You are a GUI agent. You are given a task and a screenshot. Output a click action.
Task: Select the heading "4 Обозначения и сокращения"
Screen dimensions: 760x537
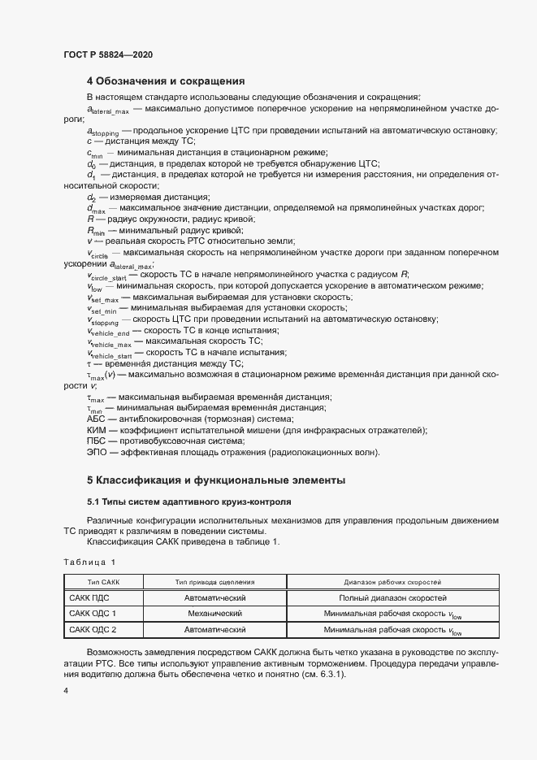166,80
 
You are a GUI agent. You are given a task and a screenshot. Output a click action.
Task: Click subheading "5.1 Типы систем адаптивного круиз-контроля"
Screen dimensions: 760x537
188,502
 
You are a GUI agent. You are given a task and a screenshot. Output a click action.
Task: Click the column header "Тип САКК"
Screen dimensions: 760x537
103,582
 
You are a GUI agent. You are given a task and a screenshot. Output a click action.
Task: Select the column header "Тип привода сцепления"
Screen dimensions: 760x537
215,582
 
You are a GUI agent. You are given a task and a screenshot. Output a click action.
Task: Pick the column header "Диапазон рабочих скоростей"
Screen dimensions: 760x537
392,582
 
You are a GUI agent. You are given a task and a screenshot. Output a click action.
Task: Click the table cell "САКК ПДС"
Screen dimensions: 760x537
89,597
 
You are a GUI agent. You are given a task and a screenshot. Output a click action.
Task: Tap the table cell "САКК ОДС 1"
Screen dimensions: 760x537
93,613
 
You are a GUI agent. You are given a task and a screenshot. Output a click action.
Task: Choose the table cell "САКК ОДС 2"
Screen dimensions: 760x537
93,629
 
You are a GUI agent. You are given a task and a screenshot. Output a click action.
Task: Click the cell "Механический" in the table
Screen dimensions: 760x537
215,613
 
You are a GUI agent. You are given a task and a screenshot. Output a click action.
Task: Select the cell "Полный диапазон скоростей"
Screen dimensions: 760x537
392,597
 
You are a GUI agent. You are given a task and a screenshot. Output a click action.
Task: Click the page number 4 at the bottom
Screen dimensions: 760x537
66,690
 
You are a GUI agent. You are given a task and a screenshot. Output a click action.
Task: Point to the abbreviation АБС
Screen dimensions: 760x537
96,419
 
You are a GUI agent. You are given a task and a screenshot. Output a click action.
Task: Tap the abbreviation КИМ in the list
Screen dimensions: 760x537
96,430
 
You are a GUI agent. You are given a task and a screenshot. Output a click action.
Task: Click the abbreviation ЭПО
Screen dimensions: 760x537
96,453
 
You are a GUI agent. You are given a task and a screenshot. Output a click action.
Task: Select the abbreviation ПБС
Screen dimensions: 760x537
96,441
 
